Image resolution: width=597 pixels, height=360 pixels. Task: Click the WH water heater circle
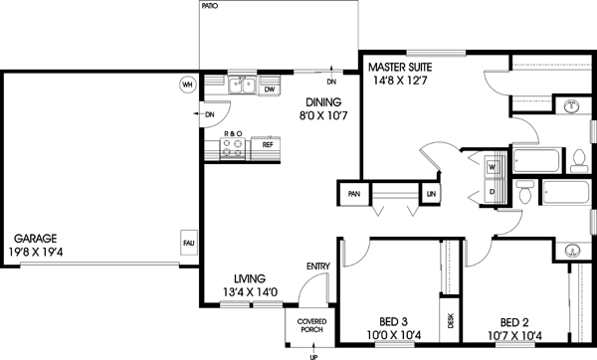tap(186, 85)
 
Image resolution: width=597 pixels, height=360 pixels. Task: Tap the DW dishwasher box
tap(269, 90)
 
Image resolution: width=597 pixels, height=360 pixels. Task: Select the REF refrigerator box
tap(268, 144)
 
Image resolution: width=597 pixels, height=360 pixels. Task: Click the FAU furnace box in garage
tap(187, 242)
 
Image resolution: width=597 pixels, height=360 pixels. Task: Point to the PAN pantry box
tap(352, 194)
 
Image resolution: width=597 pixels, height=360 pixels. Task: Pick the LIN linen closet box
tap(431, 194)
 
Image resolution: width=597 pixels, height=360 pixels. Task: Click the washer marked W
tap(493, 167)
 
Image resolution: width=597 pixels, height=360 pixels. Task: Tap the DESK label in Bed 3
tap(450, 319)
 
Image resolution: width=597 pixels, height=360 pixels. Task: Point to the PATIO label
tap(209, 6)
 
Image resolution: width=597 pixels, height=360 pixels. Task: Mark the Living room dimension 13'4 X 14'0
tap(255, 292)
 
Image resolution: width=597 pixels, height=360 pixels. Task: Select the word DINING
tap(323, 101)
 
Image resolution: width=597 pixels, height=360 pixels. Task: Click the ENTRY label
tap(318, 266)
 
